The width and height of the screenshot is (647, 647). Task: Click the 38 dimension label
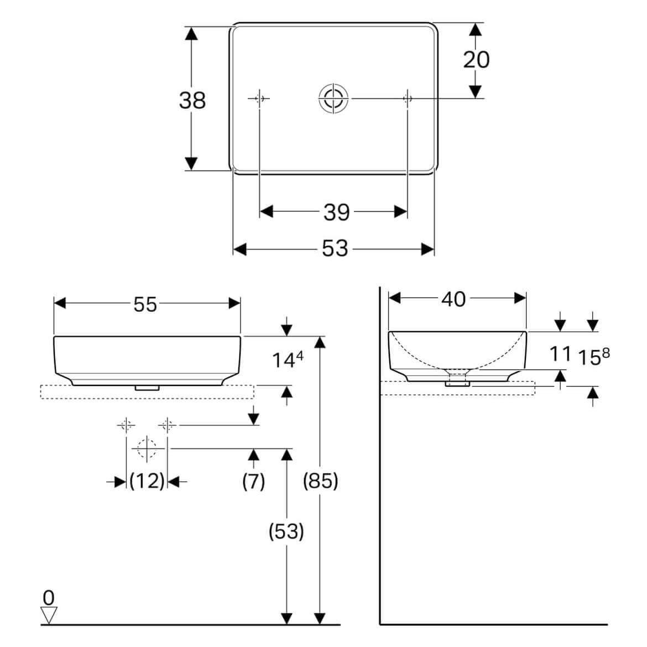click(x=192, y=100)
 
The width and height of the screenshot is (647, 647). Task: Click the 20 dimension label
click(x=476, y=59)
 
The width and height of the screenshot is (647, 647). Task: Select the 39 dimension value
click(x=337, y=212)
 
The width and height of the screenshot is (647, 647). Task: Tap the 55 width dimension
click(x=145, y=305)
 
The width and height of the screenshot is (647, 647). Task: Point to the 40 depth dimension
click(x=453, y=299)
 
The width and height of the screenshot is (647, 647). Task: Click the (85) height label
click(x=321, y=481)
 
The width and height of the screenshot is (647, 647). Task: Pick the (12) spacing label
click(x=147, y=481)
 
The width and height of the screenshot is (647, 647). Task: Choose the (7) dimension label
click(x=254, y=481)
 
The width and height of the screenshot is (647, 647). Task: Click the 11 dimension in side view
click(x=560, y=354)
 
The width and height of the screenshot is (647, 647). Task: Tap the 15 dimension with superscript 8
click(x=593, y=357)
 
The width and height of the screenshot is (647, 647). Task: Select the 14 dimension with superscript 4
click(x=288, y=359)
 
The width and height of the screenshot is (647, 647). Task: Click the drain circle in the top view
click(x=333, y=98)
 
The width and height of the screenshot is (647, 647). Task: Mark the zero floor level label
click(x=49, y=597)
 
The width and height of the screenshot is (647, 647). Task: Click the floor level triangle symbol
click(x=49, y=615)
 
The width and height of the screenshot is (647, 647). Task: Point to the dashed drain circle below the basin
click(x=147, y=448)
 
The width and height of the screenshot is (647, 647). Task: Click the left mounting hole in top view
click(x=259, y=98)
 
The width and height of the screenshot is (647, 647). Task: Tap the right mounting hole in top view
click(x=408, y=98)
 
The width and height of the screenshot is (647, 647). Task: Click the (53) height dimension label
click(x=286, y=531)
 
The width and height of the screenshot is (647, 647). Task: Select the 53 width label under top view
click(x=335, y=248)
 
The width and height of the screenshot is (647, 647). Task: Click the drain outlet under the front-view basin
click(x=147, y=388)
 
